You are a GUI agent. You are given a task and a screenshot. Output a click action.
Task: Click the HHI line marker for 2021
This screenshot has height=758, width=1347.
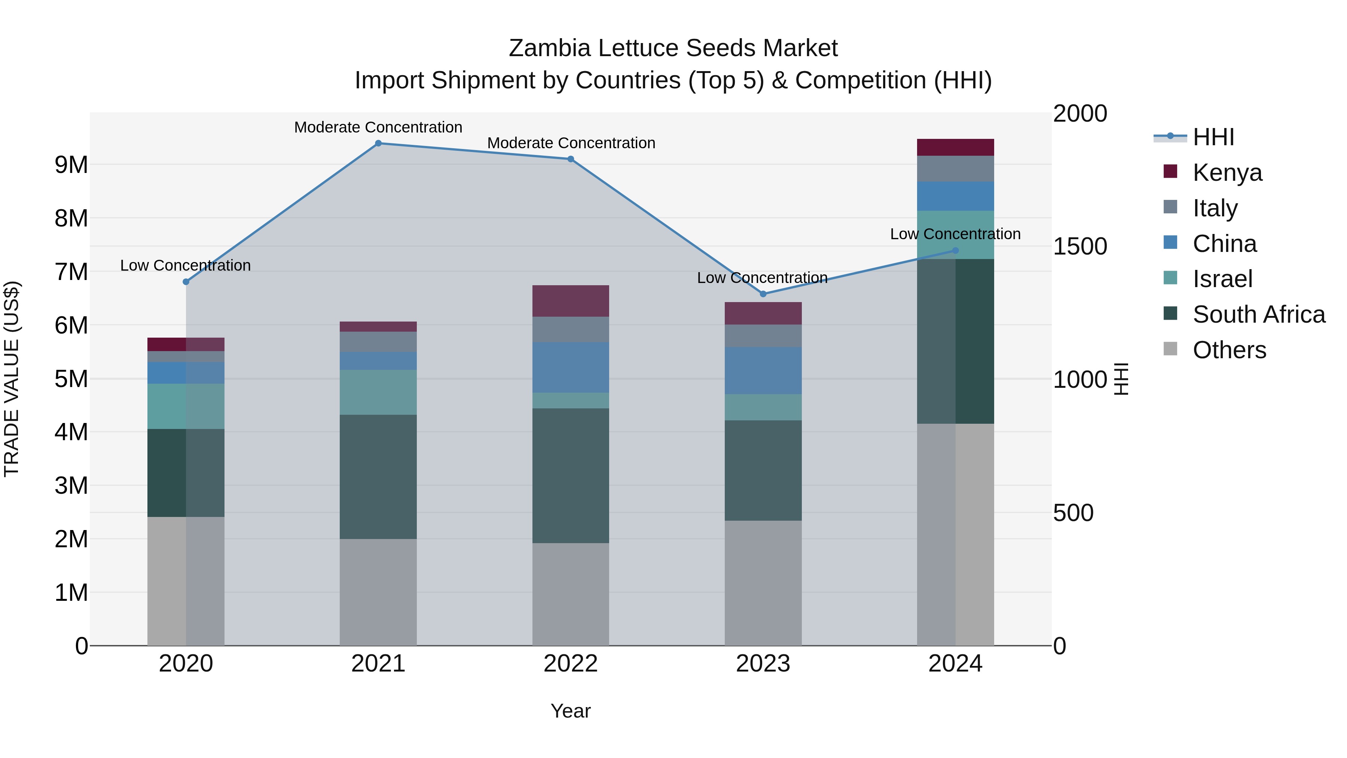[378, 143]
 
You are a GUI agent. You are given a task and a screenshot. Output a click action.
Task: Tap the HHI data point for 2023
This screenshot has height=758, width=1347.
[763, 294]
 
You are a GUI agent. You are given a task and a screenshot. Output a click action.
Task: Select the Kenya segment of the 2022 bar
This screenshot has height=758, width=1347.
[571, 301]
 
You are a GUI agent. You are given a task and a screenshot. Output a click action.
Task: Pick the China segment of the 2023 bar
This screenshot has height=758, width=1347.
[763, 370]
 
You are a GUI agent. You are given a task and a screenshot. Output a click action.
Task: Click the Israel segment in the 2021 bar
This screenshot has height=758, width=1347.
[378, 392]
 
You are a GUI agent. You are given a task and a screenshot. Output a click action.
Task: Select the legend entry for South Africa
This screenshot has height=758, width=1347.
[1258, 314]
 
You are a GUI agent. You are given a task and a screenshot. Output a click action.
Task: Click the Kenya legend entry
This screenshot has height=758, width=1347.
[1227, 172]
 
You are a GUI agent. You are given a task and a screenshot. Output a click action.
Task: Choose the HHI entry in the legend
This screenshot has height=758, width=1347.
[1213, 137]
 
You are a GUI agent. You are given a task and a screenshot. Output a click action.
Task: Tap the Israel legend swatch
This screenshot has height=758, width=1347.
[1170, 278]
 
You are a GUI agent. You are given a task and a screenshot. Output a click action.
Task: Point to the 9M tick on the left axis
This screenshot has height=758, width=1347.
[71, 165]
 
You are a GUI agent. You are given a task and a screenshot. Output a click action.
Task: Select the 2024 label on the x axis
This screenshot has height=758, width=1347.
[955, 664]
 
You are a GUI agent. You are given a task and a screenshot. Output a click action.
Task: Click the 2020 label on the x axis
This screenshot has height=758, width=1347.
[186, 664]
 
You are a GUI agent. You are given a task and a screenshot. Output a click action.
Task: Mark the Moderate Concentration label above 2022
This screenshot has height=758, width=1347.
[571, 143]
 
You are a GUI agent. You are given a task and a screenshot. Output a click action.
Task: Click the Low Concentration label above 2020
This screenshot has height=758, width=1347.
[186, 265]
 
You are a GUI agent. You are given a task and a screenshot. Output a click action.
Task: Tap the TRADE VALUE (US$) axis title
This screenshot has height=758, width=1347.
[12, 379]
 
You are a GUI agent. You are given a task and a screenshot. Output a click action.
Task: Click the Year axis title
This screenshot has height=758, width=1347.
[571, 711]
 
